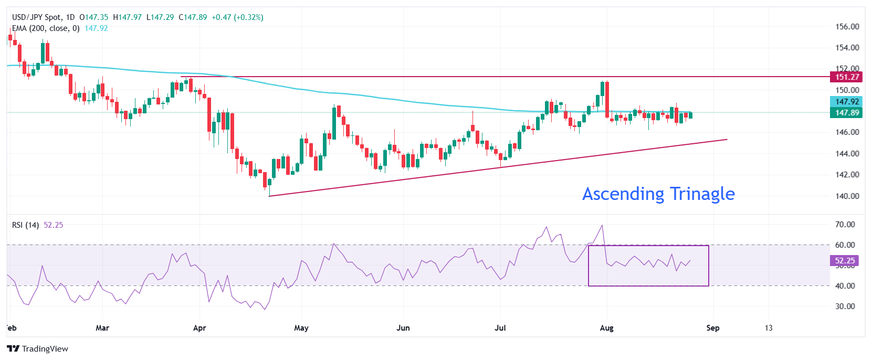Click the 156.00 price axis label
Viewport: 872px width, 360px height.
tap(847, 26)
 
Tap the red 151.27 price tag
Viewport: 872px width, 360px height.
tap(847, 77)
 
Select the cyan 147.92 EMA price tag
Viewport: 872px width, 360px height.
tap(847, 102)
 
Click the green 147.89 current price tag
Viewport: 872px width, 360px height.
tap(847, 112)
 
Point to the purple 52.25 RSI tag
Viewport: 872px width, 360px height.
tap(845, 260)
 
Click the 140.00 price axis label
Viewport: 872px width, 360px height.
tap(847, 196)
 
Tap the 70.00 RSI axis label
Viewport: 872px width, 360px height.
tap(845, 224)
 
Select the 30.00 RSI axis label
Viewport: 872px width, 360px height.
tap(845, 306)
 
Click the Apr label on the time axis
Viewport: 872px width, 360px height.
tap(199, 328)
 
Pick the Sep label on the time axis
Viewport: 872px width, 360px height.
tap(712, 328)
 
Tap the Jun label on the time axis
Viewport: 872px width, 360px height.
tap(403, 328)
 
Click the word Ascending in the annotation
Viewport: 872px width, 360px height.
tap(623, 194)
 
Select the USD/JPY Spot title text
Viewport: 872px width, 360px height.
tap(36, 17)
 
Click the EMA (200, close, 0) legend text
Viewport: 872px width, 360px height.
tap(46, 28)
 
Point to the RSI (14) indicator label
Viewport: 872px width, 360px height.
tap(25, 225)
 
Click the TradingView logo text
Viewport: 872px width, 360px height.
tap(45, 349)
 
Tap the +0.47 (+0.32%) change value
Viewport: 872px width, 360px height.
tap(237, 17)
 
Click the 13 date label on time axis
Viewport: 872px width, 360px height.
tap(768, 328)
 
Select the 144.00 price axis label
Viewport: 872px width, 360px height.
tap(847, 153)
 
